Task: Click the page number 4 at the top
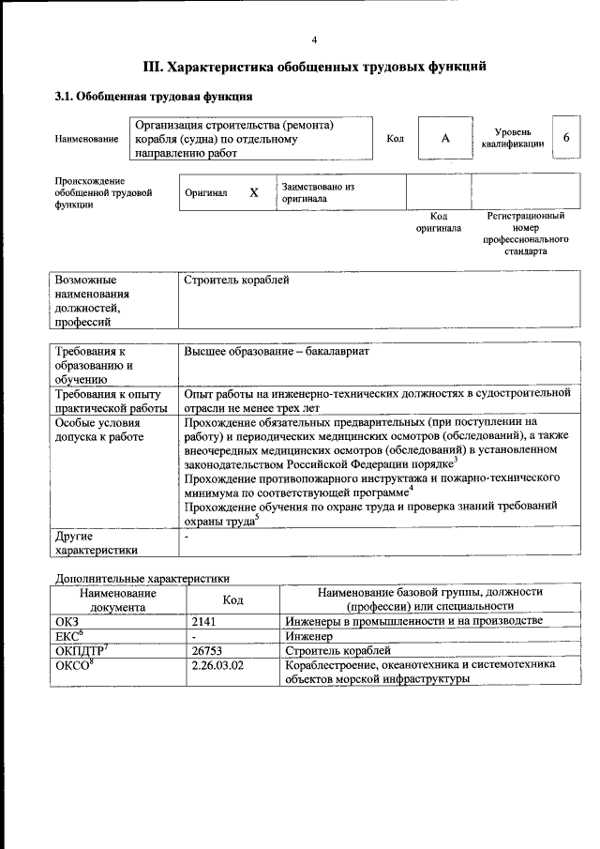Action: (315, 39)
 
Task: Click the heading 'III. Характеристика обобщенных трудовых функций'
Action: (314, 68)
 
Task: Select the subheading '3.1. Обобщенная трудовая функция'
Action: (153, 96)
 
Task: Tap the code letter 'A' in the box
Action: (446, 138)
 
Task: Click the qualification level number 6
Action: (565, 137)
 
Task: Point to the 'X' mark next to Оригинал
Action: (253, 192)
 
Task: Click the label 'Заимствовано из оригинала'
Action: (318, 192)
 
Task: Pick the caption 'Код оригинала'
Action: (439, 222)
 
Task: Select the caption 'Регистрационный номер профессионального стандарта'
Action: (525, 234)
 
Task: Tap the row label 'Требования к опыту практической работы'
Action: (112, 401)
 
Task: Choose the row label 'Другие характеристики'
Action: (97, 543)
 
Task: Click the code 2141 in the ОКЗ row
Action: (204, 621)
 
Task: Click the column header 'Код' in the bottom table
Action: (232, 599)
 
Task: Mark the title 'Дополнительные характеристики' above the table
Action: (142, 579)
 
